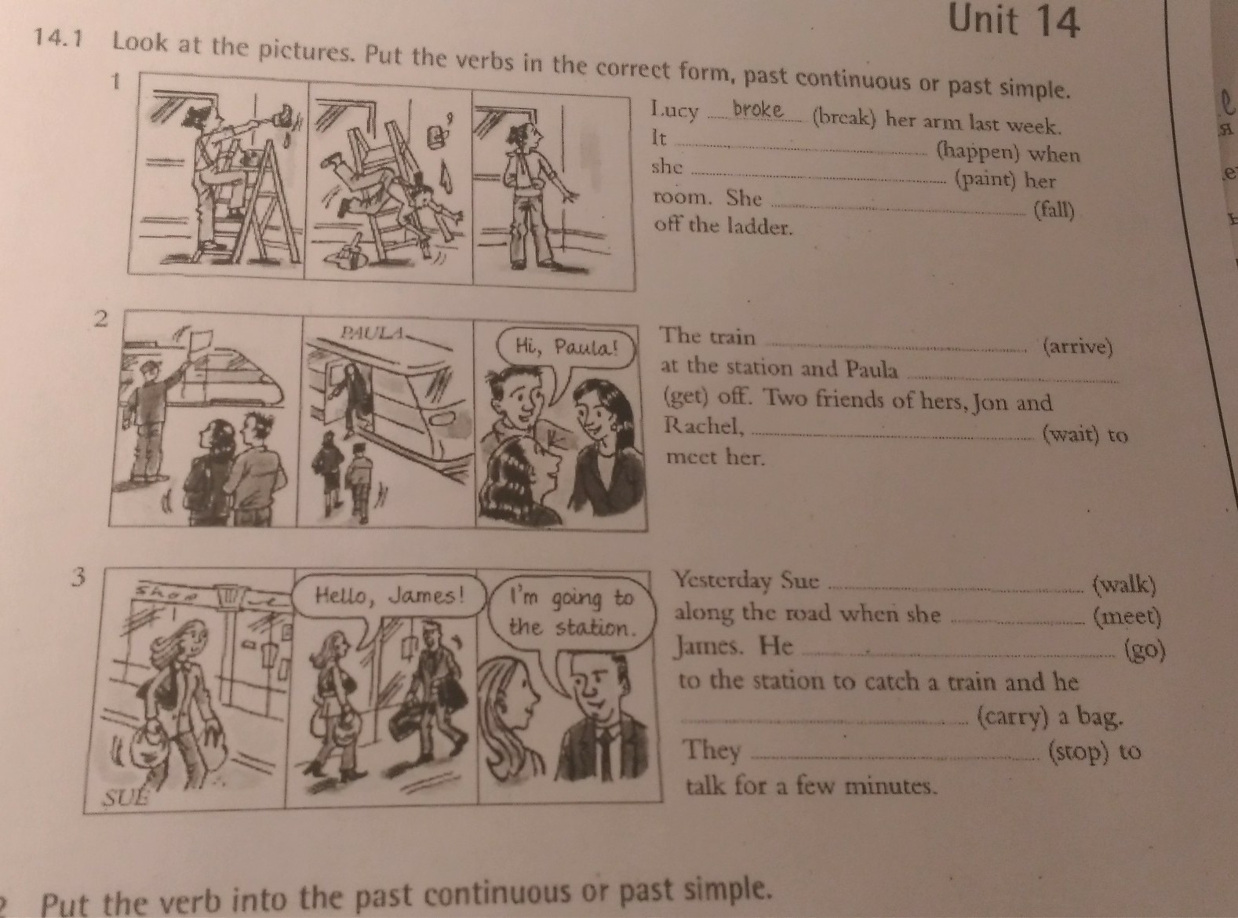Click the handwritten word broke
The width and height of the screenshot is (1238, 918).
(757, 109)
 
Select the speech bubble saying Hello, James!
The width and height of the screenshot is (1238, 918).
(389, 597)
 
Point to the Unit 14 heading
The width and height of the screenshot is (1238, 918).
(1014, 22)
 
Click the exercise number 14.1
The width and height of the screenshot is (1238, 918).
(58, 38)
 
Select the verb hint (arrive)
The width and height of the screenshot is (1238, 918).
(1077, 347)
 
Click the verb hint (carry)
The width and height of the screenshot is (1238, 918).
(1010, 717)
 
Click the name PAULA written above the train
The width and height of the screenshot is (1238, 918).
(372, 333)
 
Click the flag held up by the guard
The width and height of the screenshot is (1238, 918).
(200, 338)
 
